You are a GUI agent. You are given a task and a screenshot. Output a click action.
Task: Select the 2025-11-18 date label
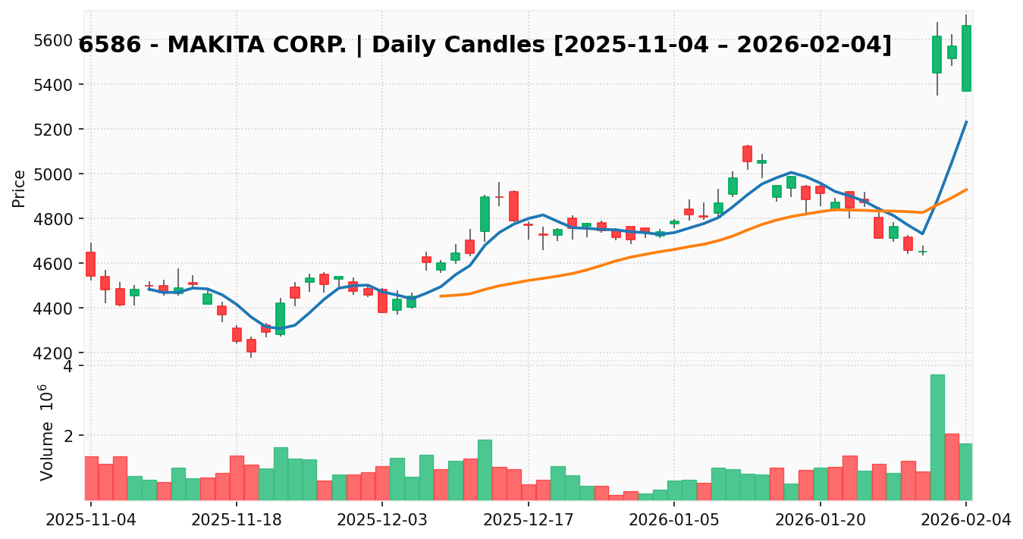tap(236, 521)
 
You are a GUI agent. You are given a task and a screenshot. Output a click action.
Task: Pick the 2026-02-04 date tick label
tap(965, 521)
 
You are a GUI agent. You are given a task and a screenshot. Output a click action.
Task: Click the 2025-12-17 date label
tap(528, 521)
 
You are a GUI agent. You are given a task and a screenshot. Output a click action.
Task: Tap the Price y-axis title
tap(20, 188)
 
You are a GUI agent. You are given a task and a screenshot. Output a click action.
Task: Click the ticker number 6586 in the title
tap(107, 45)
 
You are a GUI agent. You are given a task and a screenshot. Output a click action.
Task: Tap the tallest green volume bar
tap(937, 437)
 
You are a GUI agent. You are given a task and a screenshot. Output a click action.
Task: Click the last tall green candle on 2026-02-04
tap(966, 58)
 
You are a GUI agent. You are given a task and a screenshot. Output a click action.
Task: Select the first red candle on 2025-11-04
tap(90, 264)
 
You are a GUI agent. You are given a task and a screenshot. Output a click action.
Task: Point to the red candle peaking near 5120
tap(747, 154)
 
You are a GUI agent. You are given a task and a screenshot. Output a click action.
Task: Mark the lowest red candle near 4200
tap(251, 346)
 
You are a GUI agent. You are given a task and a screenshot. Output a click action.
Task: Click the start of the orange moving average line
tap(441, 296)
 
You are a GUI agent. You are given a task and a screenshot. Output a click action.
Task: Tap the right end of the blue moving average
tap(966, 121)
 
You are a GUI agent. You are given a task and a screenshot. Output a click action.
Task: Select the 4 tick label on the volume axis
tap(67, 366)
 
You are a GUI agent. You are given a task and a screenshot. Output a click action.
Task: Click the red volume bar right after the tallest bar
tap(952, 466)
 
